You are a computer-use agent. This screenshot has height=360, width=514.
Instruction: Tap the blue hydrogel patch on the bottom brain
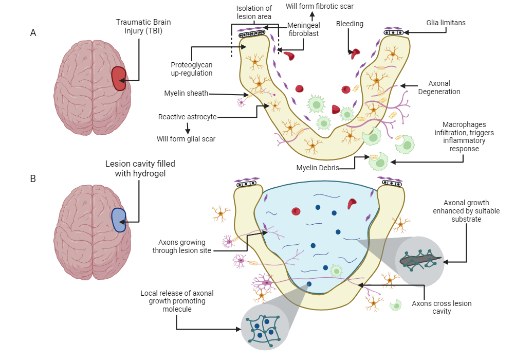click(x=119, y=220)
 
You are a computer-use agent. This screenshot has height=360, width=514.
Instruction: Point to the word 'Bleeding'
click(x=350, y=24)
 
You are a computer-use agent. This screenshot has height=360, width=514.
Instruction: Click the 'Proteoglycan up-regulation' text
click(x=192, y=69)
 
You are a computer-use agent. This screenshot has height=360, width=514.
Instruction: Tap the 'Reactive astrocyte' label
click(x=187, y=117)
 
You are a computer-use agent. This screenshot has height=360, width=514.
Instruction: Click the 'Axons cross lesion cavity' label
click(x=442, y=308)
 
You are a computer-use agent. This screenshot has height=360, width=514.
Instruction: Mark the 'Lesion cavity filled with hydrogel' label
click(x=140, y=169)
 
